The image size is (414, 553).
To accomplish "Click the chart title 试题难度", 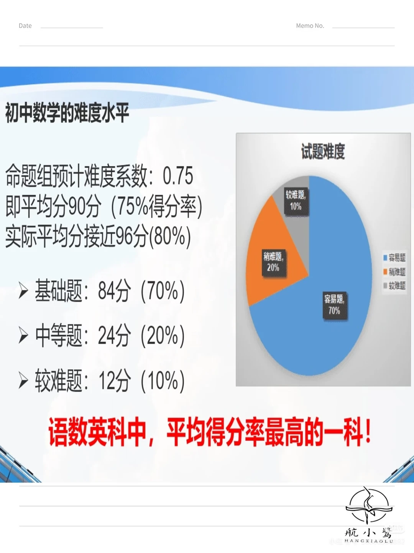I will [323, 151].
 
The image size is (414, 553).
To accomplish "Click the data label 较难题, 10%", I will [296, 200].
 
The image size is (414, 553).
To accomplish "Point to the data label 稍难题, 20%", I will [273, 262].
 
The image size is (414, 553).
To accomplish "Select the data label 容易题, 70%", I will [334, 305].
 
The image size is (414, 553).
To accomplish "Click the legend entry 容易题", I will [394, 258].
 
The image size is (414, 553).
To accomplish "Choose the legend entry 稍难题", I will [394, 272].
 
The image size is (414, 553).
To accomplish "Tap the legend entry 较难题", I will [394, 285].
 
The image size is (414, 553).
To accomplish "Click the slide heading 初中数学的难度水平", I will [67, 113].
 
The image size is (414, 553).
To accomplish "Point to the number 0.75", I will [178, 176].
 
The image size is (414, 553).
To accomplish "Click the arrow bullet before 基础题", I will [23, 291].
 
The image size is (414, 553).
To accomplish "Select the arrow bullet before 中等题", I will [23, 336].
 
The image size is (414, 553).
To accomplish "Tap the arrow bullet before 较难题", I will [23, 381].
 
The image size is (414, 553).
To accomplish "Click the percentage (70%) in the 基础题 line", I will [163, 291].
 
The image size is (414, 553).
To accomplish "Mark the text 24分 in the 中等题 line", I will [114, 336].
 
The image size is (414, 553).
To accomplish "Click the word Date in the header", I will [25, 26].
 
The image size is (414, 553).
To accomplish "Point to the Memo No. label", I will [310, 26].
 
